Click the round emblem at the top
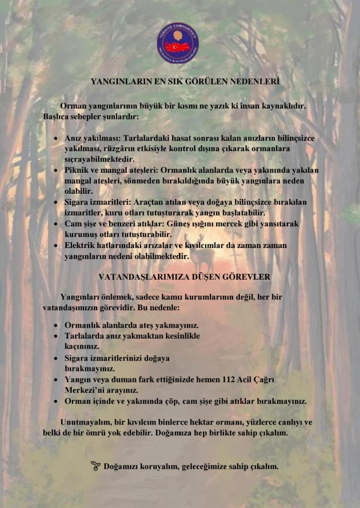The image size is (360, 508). click(178, 43)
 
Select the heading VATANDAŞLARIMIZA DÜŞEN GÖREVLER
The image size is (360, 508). click(184, 277)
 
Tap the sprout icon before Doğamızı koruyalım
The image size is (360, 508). click(96, 466)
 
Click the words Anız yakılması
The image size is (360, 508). click(88, 138)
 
